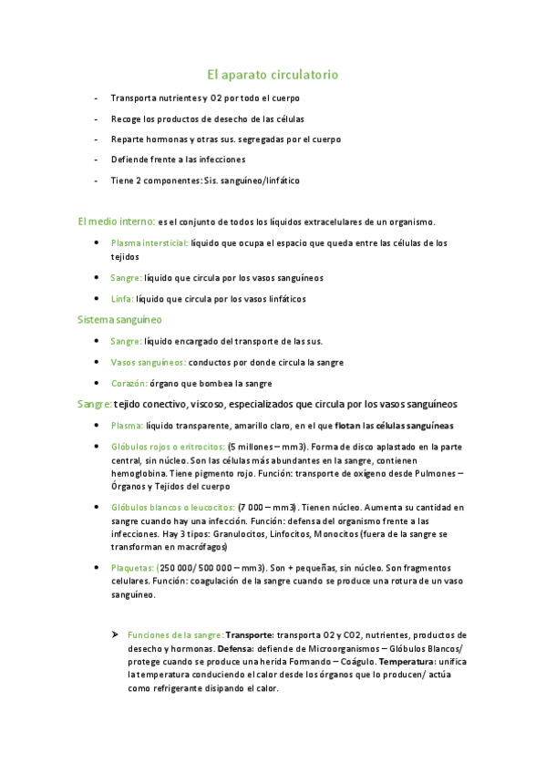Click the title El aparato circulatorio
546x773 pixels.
click(x=273, y=74)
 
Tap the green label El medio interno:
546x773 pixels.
click(x=116, y=222)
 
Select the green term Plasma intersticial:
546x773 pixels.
click(x=149, y=243)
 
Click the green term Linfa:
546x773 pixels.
click(x=122, y=299)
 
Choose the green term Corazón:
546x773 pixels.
click(x=130, y=384)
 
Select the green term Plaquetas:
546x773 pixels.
click(x=132, y=566)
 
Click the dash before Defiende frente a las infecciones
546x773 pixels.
click(x=98, y=160)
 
